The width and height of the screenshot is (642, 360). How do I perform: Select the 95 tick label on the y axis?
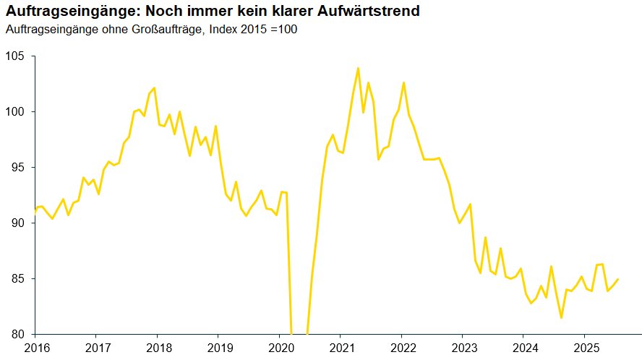pos(17,168)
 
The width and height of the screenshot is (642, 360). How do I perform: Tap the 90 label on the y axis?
pos(17,223)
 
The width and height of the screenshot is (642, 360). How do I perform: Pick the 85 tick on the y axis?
pos(17,279)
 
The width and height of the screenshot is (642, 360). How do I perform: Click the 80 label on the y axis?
pos(17,334)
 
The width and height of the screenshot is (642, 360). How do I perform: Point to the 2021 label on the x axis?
pos(341,348)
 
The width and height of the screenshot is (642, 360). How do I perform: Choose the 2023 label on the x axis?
pos(463,348)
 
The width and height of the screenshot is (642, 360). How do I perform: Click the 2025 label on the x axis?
pos(585,348)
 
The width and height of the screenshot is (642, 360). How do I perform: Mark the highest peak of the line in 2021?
pos(358,68)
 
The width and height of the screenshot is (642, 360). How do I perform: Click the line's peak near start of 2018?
pos(154,88)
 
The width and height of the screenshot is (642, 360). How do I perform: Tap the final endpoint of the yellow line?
pos(618,279)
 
